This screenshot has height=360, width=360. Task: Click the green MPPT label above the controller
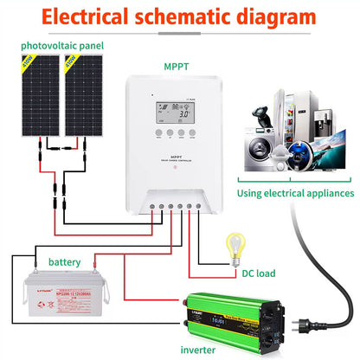tap(175, 65)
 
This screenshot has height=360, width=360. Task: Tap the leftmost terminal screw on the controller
tap(148, 205)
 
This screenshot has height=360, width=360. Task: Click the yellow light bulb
tap(232, 245)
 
